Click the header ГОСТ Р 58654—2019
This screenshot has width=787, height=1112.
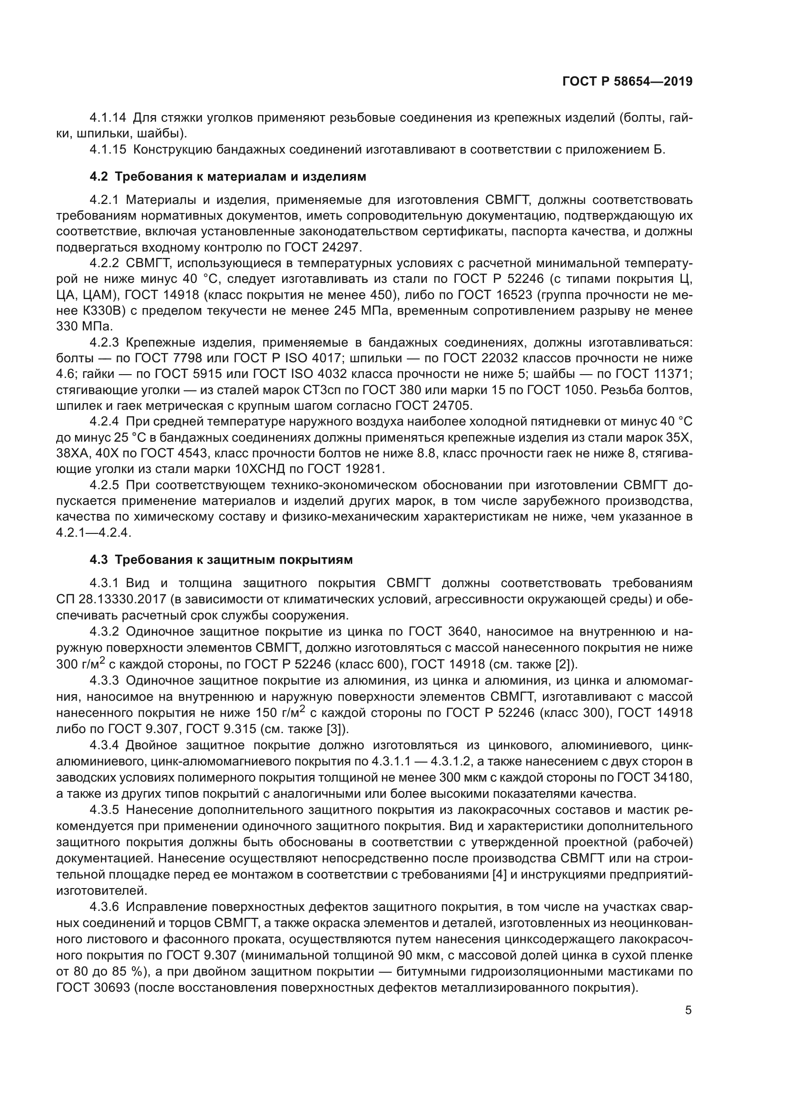[627, 81]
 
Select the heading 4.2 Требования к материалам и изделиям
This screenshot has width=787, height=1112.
[228, 177]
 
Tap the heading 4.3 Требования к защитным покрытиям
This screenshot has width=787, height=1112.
[221, 560]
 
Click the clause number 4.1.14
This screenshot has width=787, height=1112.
[108, 118]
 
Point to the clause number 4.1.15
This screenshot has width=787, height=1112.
[108, 150]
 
